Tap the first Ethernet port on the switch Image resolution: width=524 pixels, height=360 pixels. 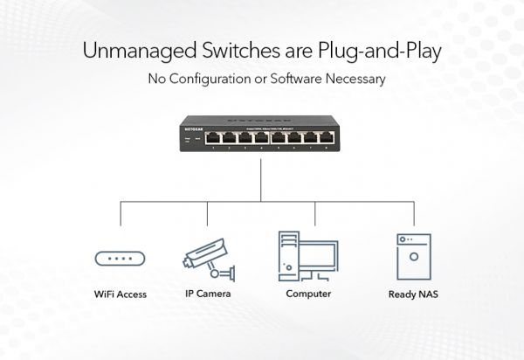pos(210,137)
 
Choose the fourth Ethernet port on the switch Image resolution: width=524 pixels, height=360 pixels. pos(260,137)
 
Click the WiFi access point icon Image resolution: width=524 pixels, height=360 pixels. pos(120,258)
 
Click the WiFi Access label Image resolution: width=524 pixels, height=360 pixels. pos(120,294)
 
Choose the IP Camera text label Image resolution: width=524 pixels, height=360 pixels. pos(208,294)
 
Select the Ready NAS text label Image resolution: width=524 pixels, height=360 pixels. pos(413,294)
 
